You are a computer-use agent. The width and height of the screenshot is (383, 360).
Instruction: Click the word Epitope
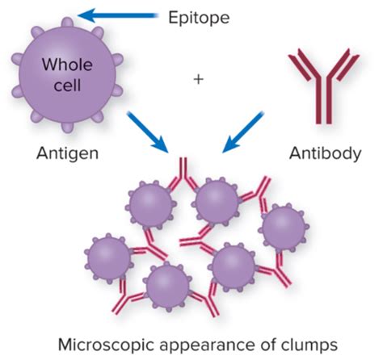pyautogui.click(x=199, y=18)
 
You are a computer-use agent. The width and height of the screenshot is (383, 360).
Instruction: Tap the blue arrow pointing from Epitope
pyautogui.click(x=117, y=15)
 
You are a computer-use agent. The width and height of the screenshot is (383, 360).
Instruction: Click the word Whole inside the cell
pyautogui.click(x=67, y=65)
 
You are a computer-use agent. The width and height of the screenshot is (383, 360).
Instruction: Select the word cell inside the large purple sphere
pyautogui.click(x=67, y=85)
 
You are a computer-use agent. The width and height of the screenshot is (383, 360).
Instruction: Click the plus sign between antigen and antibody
pyautogui.click(x=198, y=79)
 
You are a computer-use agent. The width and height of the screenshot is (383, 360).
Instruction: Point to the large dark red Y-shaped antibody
pyautogui.click(x=323, y=86)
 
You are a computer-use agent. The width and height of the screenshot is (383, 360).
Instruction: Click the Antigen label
pyautogui.click(x=67, y=154)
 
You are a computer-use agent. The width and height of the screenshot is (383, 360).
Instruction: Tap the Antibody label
pyautogui.click(x=325, y=153)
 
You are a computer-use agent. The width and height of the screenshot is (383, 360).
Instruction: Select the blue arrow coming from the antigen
pyautogui.click(x=147, y=132)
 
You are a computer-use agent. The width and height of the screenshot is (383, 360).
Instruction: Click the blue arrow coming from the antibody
pyautogui.click(x=242, y=132)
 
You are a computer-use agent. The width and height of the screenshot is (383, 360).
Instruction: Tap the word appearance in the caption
pyautogui.click(x=208, y=345)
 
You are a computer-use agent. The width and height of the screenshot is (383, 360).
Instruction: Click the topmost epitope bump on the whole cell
pyautogui.click(x=67, y=22)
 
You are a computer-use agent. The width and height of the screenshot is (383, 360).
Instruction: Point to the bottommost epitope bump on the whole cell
pyautogui.click(x=67, y=127)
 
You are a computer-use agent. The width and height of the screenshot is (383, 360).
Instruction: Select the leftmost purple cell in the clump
pyautogui.click(x=109, y=258)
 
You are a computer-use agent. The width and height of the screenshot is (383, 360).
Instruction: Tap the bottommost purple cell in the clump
pyautogui.click(x=167, y=287)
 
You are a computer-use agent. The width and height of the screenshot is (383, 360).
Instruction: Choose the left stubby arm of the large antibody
pyautogui.click(x=300, y=65)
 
